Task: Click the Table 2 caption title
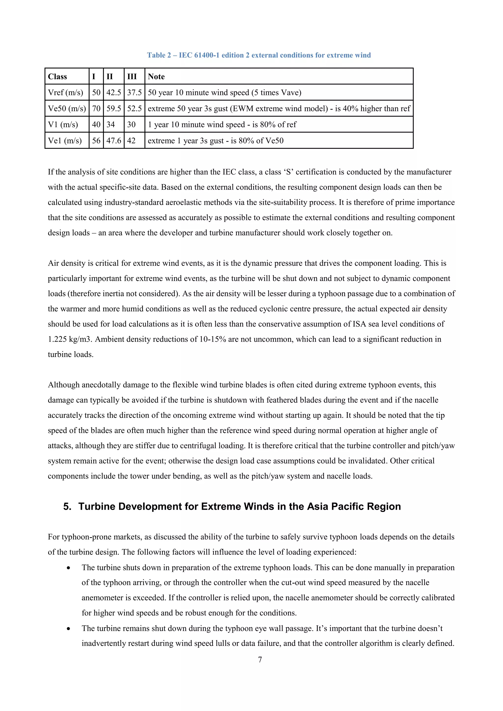click(259, 55)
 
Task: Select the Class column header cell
click(58, 77)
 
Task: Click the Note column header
click(156, 77)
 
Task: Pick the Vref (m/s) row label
click(65, 93)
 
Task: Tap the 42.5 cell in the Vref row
click(114, 93)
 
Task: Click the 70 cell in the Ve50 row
click(96, 109)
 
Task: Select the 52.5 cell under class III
click(134, 109)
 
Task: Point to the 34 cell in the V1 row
click(111, 124)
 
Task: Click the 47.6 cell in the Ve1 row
click(114, 141)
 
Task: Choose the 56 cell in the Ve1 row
click(96, 141)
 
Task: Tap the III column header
click(132, 77)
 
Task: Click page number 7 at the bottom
click(260, 660)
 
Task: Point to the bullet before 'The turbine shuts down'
click(68, 568)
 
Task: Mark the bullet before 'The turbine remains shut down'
click(68, 629)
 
